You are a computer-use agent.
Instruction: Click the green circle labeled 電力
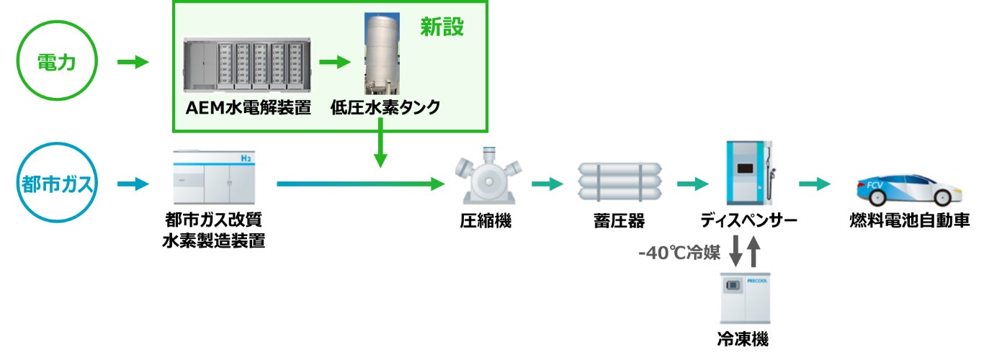(57, 63)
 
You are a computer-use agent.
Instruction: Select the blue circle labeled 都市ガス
(57, 184)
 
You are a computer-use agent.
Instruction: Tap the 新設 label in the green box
(442, 27)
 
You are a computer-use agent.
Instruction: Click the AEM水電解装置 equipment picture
(244, 66)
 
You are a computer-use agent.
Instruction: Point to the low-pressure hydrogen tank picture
(382, 54)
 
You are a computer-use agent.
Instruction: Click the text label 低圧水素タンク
(385, 108)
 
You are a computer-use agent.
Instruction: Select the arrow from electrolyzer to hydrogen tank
(334, 62)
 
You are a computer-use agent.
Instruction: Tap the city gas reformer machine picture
(214, 176)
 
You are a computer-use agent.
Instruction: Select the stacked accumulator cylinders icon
(620, 183)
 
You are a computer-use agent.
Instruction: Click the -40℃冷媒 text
(679, 253)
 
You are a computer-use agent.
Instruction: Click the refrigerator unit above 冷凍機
(746, 297)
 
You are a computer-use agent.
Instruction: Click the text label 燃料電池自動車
(909, 220)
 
